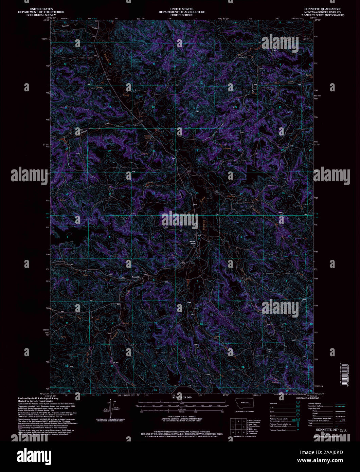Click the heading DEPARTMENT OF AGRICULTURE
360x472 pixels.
tap(182, 12)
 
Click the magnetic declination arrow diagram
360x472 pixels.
tap(111, 408)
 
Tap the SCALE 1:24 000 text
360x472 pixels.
tap(182, 397)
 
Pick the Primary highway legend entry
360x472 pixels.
tap(315, 403)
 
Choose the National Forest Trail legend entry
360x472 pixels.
tap(278, 430)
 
